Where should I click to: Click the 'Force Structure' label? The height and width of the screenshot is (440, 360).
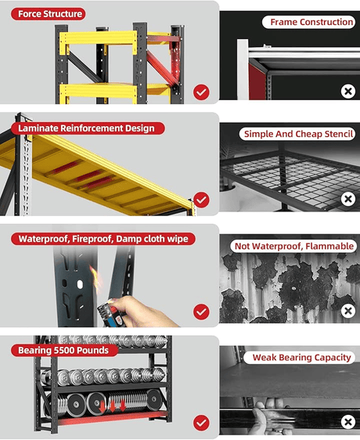49,14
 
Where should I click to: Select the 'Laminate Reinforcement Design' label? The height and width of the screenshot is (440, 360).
88,128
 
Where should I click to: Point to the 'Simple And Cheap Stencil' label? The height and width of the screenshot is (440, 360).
297,134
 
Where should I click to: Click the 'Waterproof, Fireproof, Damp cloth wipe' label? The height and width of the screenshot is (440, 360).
103,239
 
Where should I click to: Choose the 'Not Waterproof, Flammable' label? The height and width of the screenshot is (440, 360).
293,246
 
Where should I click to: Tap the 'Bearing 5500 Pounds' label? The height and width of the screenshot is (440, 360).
64,350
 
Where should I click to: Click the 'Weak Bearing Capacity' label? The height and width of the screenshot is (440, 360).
300,358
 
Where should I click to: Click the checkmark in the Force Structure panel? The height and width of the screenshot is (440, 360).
201,92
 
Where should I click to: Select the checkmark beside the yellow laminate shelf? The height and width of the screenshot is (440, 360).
201,200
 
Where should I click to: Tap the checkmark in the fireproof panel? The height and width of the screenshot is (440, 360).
201,312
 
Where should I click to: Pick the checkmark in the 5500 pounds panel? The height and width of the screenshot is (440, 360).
201,423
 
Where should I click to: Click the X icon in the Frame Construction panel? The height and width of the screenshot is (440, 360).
348,91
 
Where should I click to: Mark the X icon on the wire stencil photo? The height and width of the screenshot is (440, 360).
348,199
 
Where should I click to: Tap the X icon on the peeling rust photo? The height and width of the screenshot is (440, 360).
348,311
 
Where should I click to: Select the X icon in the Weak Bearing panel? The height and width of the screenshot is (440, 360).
348,422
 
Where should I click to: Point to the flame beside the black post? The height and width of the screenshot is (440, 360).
95,278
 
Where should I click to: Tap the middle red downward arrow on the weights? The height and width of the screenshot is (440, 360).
112,406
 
